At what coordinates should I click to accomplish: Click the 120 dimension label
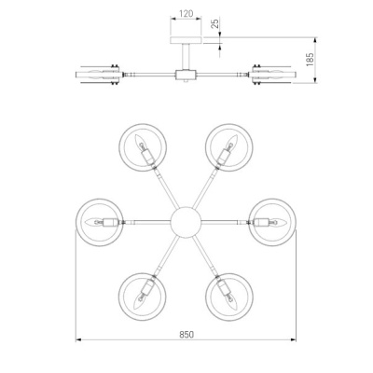pos(186,13)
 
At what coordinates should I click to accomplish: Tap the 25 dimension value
pos(215,23)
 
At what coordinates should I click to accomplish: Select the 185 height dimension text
pos(310,60)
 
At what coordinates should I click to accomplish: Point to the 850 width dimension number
pos(186,335)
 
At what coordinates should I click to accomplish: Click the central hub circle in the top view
pos(186,222)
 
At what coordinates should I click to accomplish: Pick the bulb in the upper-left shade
pos(140,142)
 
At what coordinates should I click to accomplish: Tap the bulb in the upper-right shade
pos(231,143)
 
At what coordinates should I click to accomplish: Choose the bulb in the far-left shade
pos(93,222)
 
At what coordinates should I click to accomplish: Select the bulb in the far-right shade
pos(278,222)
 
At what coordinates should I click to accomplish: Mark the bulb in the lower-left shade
pos(140,301)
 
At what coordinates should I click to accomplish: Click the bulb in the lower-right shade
pos(231,301)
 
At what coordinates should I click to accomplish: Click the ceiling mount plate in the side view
pos(186,40)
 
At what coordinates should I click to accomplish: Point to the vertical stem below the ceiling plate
pos(186,57)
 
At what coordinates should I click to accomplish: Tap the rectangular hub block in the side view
pos(186,75)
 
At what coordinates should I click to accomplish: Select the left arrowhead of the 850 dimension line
pos(78,340)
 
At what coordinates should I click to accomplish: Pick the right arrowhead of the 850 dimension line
pos(293,340)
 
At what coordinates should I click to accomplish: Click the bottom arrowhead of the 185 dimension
pos(315,80)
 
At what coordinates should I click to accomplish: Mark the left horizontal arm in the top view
pos(147,222)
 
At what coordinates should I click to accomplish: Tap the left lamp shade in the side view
pos(99,75)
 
